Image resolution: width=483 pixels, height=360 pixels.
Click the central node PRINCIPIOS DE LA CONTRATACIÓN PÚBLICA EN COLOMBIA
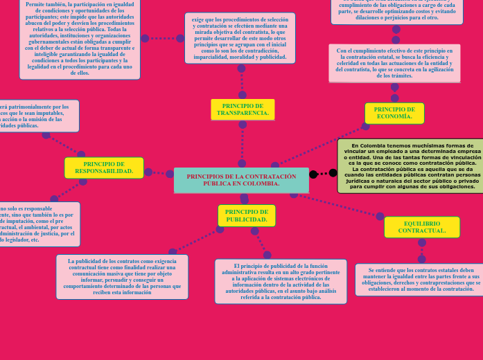click(x=241, y=180)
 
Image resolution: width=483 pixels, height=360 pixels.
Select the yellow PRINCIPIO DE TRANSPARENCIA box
click(x=243, y=109)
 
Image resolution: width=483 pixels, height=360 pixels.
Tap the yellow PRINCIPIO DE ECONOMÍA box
click(x=394, y=113)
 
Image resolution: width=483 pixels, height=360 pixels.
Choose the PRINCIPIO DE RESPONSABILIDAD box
click(x=104, y=168)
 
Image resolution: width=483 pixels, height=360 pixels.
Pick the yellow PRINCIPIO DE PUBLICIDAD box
click(x=247, y=215)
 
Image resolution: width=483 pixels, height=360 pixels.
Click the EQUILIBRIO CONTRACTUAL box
click(x=421, y=227)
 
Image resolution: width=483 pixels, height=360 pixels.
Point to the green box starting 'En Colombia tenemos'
click(x=411, y=166)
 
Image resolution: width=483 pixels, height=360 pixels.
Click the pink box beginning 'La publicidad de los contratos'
click(x=122, y=277)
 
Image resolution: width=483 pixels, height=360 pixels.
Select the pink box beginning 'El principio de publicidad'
click(x=280, y=281)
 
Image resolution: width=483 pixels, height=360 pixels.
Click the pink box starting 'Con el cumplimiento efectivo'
click(x=394, y=63)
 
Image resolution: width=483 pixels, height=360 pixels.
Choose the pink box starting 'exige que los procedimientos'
click(x=240, y=38)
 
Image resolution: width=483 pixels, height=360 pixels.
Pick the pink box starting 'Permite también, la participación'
click(x=79, y=38)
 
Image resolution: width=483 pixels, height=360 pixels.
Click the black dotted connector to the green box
click(x=324, y=173)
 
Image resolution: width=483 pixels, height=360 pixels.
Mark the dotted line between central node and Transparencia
click(x=243, y=145)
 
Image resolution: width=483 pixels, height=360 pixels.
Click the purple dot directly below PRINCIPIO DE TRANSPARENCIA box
click(x=243, y=125)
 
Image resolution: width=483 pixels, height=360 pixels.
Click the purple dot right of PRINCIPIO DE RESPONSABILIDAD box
click(x=148, y=172)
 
